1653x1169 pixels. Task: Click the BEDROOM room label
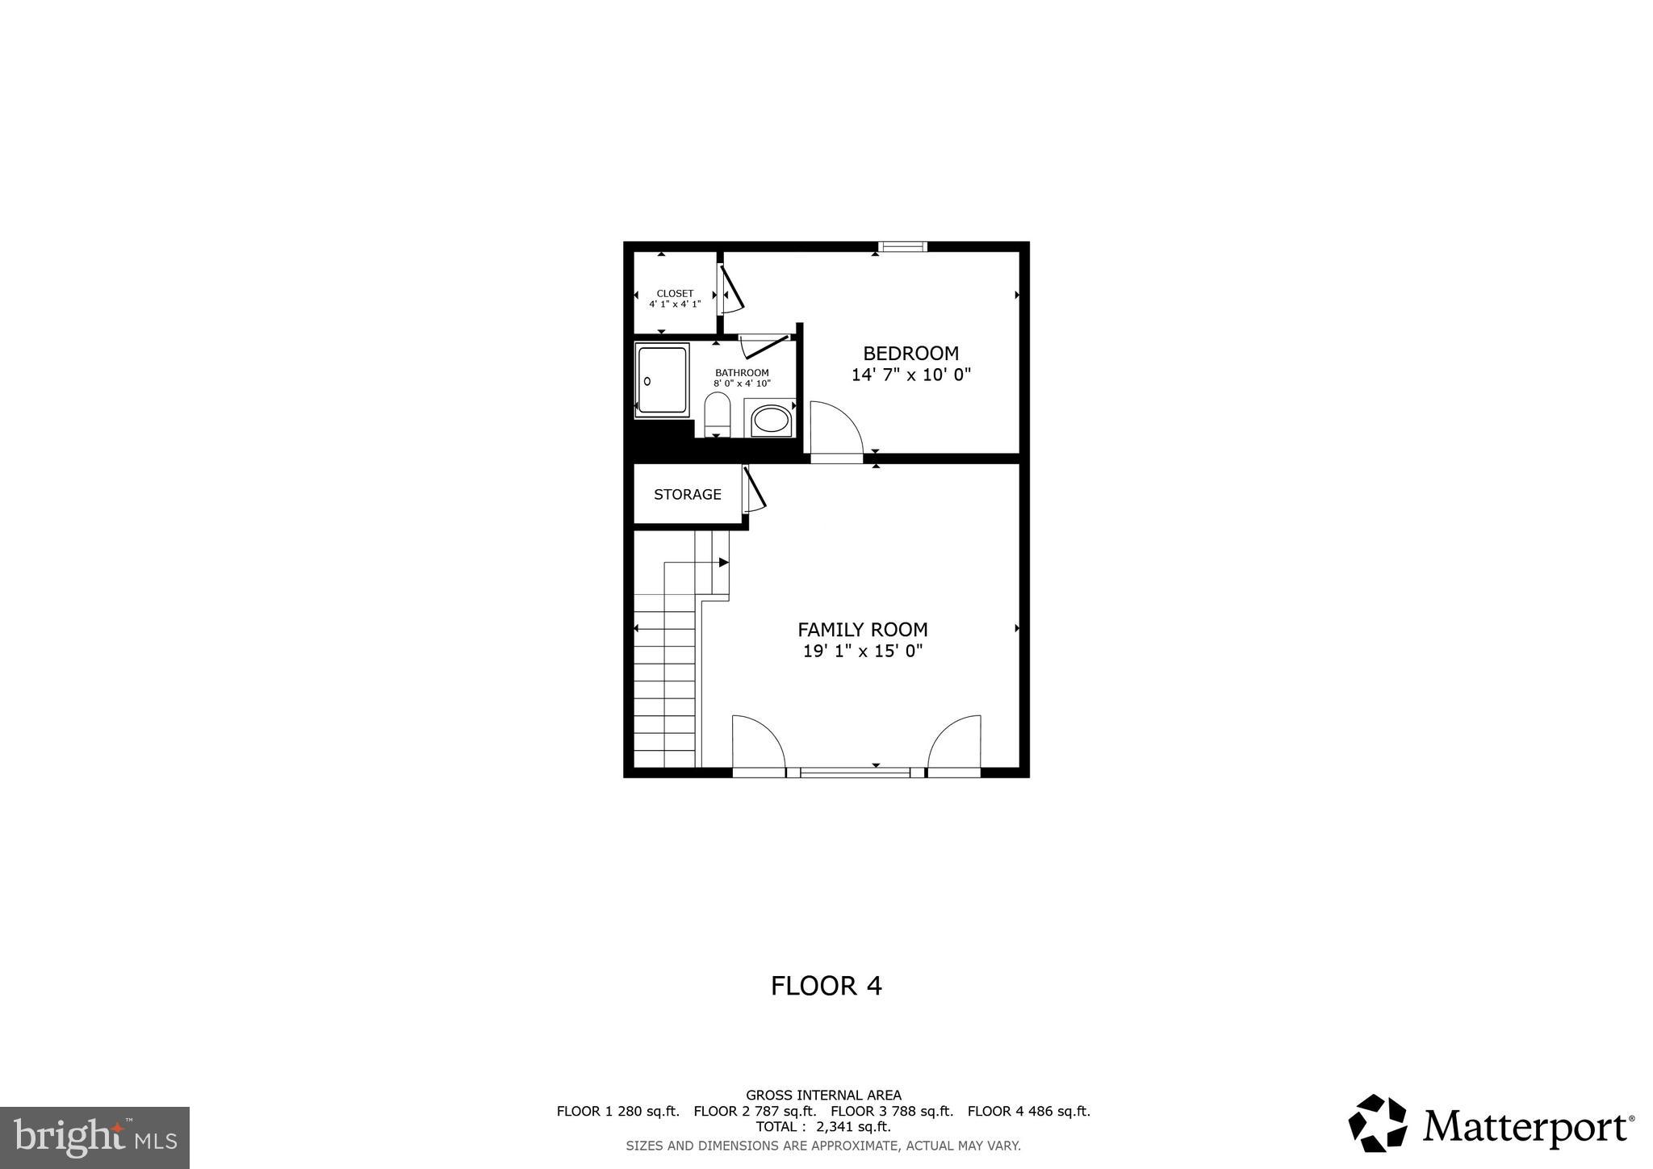(x=910, y=354)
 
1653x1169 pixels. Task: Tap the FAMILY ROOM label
(x=862, y=630)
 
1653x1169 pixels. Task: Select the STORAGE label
(x=687, y=494)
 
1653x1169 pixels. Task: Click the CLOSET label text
(x=675, y=294)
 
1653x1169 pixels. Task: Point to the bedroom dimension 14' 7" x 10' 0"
(x=910, y=375)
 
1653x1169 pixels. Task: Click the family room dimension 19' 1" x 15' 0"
(x=862, y=652)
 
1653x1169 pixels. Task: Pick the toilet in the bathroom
(x=717, y=415)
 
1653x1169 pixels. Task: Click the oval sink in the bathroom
(x=771, y=421)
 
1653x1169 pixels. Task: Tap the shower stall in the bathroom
(x=662, y=379)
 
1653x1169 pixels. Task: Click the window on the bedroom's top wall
(x=902, y=247)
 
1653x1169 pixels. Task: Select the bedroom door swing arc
(x=836, y=428)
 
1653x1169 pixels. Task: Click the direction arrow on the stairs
(x=723, y=562)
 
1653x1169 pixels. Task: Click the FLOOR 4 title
(x=826, y=986)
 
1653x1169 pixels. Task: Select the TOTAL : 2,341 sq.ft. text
(x=823, y=1127)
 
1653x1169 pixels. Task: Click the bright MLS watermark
(x=94, y=1138)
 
